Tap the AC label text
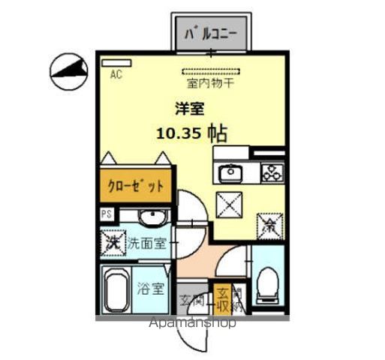tap(116, 74)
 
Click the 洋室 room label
tap(189, 109)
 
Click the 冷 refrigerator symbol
tap(269, 223)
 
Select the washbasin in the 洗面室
tap(150, 218)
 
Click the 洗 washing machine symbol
tap(113, 242)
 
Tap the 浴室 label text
tap(151, 288)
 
